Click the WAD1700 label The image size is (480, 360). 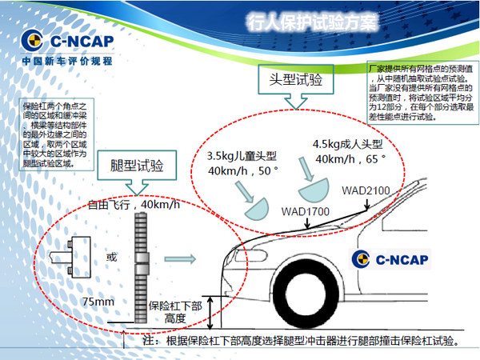coord(306,212)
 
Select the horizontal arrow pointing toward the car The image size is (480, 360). coord(179,258)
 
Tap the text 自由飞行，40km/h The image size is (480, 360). coord(135,205)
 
